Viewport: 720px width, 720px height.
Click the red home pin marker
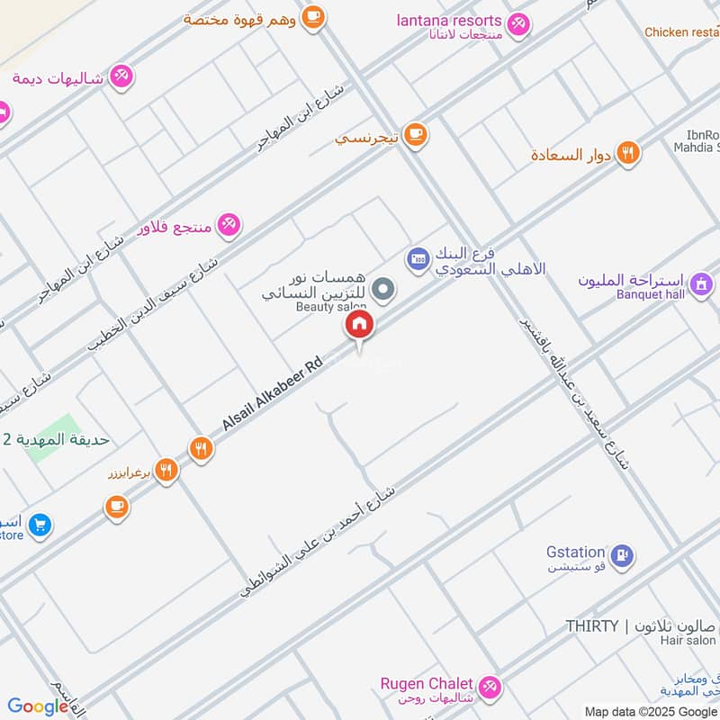[x=358, y=326]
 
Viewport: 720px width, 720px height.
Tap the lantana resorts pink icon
[x=518, y=24]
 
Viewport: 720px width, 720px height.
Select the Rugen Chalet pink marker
[x=490, y=687]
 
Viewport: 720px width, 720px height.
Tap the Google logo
[x=38, y=706]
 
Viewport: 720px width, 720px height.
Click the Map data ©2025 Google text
[x=650, y=711]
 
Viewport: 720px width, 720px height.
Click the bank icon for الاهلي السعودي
[x=416, y=259]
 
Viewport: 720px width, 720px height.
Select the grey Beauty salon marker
[x=383, y=289]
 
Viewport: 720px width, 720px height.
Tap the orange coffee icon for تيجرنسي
[x=414, y=135]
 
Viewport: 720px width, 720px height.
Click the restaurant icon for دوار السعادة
[x=628, y=153]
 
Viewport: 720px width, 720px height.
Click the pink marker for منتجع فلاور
[x=229, y=225]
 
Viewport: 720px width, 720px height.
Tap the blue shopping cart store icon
[x=39, y=525]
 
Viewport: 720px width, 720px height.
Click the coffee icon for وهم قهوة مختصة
[x=312, y=16]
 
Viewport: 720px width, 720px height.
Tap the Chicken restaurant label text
[x=681, y=32]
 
